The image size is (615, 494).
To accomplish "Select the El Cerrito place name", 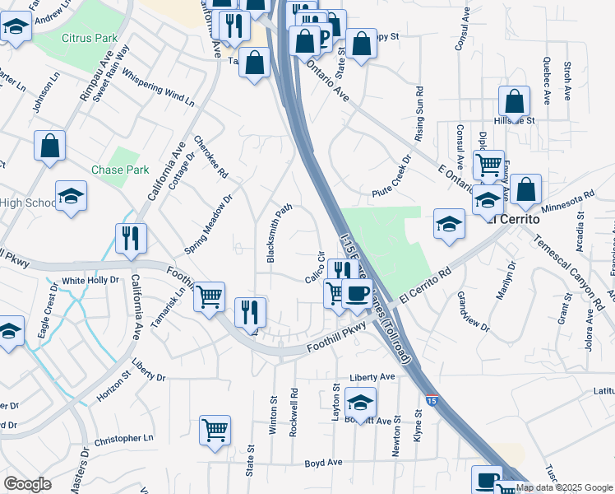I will point(512,220).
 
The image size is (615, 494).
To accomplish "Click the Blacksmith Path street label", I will point(280,234).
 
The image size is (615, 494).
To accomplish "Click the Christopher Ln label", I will point(124,440).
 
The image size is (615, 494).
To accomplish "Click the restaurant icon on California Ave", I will point(131,238).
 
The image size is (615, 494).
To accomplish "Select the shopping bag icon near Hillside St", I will point(514,101).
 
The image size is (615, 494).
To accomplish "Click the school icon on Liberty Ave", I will point(360,403).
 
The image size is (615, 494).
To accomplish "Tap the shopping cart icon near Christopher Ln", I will point(215,429).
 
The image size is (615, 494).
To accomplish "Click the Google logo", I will point(27,484).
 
